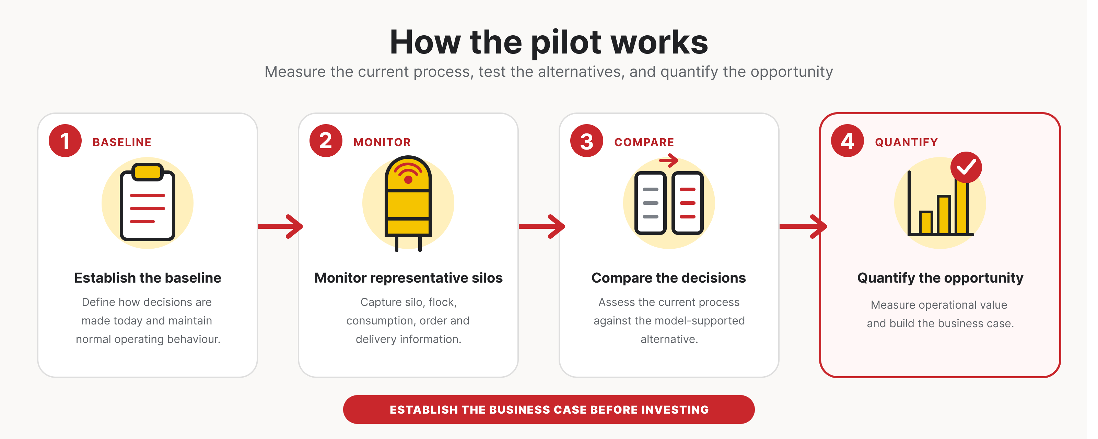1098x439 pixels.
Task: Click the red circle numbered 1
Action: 65,141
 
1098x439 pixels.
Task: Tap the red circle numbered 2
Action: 326,141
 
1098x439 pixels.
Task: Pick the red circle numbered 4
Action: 848,141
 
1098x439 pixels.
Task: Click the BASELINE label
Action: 122,142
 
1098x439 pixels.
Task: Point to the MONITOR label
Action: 382,142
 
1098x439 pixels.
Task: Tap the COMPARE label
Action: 644,142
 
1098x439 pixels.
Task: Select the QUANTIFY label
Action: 907,142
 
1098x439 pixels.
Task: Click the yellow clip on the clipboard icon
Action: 148,172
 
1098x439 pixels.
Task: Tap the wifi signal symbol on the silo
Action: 408,172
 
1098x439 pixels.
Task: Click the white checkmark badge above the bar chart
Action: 966,167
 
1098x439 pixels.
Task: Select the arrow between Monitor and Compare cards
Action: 542,226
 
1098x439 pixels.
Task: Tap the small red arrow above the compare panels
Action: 669,161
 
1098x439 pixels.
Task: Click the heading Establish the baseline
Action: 148,278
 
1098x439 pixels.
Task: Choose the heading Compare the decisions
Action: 669,278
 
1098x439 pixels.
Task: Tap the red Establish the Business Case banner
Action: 549,410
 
